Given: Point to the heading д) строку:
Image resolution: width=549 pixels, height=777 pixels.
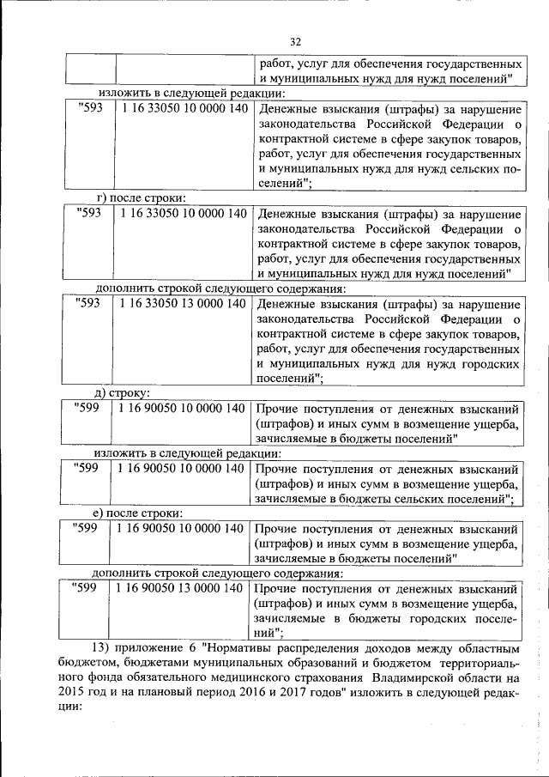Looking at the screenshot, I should coord(124,393).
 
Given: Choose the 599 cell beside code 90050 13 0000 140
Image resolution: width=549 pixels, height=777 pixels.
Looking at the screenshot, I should coord(86,588).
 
